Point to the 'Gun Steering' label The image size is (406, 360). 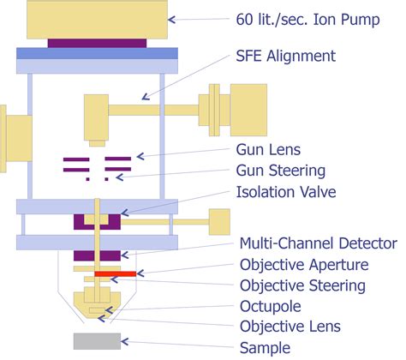(280, 171)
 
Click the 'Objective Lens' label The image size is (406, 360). (290, 327)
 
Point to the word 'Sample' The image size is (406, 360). (265, 347)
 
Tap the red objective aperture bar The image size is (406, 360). (115, 274)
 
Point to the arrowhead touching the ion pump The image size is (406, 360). (172, 18)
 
